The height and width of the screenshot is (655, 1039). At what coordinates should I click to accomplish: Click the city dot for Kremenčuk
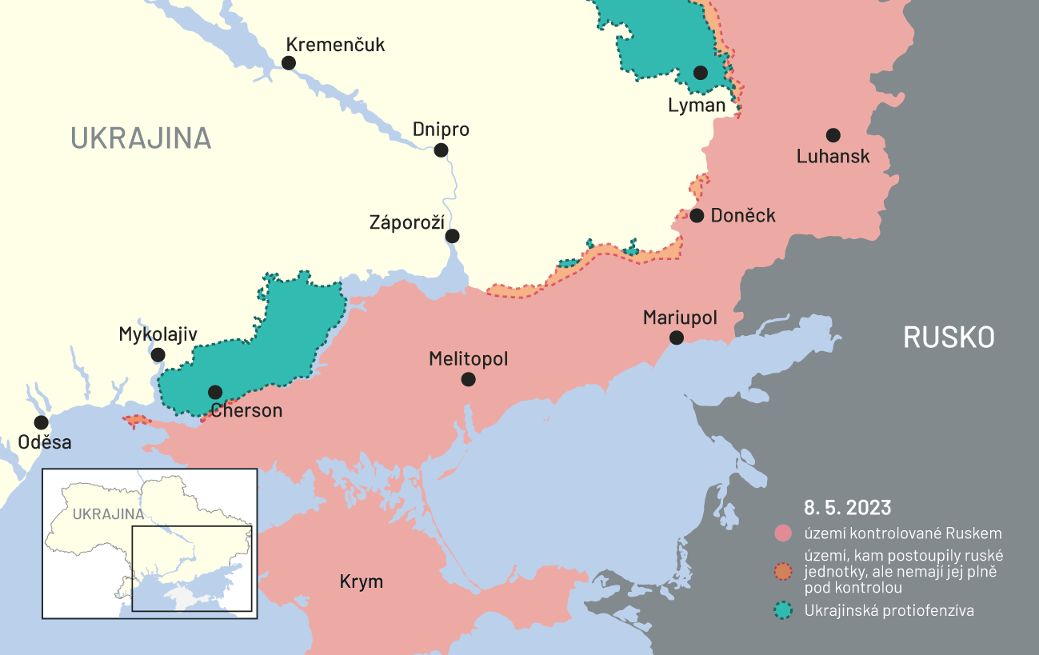pyautogui.click(x=289, y=62)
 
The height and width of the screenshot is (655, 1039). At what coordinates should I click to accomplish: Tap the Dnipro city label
pyautogui.click(x=441, y=130)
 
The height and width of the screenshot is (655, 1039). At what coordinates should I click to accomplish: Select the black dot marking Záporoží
pyautogui.click(x=452, y=236)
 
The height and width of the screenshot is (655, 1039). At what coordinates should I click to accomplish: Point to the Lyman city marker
pyautogui.click(x=701, y=73)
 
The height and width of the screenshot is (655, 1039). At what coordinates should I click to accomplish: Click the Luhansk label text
pyautogui.click(x=833, y=157)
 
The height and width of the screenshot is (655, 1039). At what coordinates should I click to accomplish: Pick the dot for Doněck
pyautogui.click(x=697, y=215)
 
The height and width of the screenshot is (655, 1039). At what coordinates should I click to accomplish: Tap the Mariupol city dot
pyautogui.click(x=676, y=337)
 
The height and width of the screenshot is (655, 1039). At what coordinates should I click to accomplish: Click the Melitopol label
pyautogui.click(x=468, y=359)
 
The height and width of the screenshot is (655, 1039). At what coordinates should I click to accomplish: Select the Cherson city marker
pyautogui.click(x=215, y=392)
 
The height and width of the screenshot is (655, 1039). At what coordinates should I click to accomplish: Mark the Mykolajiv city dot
pyautogui.click(x=158, y=355)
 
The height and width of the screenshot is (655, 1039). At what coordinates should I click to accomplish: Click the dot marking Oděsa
pyautogui.click(x=41, y=422)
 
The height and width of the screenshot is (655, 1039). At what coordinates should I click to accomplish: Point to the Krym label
pyautogui.click(x=362, y=581)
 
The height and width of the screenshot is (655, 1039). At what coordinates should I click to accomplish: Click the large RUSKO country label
pyautogui.click(x=949, y=337)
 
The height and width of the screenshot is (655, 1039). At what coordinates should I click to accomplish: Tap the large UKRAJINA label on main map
pyautogui.click(x=141, y=138)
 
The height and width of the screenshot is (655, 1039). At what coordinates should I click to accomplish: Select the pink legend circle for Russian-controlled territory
pyautogui.click(x=784, y=533)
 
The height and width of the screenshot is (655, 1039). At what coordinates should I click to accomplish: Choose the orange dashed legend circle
pyautogui.click(x=784, y=572)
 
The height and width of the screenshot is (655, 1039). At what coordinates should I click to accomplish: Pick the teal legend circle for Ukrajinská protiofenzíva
pyautogui.click(x=784, y=611)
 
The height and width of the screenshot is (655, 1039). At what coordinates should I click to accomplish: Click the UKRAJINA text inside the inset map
pyautogui.click(x=108, y=514)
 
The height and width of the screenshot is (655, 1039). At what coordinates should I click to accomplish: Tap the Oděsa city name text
pyautogui.click(x=45, y=442)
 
